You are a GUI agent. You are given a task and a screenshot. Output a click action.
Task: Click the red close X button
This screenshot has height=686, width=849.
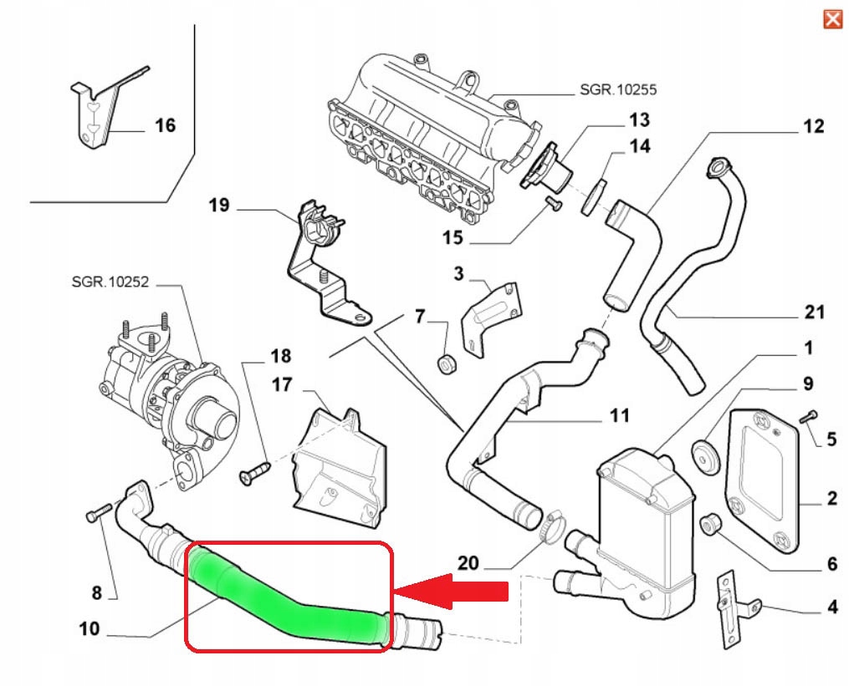[832, 18]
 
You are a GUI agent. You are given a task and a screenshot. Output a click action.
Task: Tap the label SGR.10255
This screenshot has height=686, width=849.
[617, 89]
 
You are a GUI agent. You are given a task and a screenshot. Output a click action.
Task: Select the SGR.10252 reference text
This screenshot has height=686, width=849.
[110, 282]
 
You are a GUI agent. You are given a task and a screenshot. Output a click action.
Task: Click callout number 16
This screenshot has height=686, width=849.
[166, 125]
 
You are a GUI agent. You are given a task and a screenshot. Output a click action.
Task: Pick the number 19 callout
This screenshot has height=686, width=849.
[219, 205]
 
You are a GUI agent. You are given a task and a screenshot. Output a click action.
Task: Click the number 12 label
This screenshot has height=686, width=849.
[813, 127]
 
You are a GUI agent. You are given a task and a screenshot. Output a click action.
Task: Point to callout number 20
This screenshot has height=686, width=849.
[468, 563]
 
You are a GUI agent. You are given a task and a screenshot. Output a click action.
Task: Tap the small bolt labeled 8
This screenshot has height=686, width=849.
[94, 514]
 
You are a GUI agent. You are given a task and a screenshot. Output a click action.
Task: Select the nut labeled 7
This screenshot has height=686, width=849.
[447, 363]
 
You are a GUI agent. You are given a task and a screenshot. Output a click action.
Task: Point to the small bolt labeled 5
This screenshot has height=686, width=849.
[808, 416]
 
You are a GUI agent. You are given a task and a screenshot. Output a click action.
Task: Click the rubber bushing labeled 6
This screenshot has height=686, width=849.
[712, 524]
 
